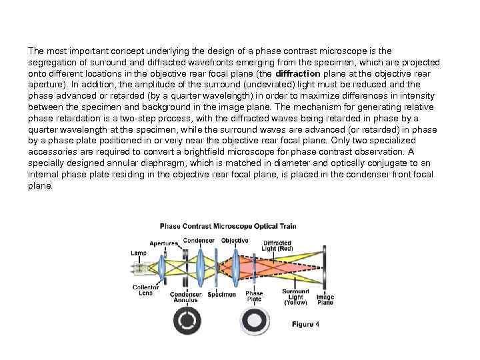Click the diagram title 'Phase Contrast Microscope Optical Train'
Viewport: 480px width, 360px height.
pos(227,226)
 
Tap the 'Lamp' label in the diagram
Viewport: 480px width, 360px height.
pos(139,253)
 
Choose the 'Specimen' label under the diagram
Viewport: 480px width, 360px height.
pos(221,294)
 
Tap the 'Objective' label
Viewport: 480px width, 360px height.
pos(235,240)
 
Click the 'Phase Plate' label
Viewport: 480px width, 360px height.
pos(254,297)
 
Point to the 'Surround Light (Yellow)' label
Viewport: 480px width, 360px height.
pos(295,297)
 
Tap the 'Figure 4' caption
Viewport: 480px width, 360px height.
pos(305,324)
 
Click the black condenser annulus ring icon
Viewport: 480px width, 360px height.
pos(187,322)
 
